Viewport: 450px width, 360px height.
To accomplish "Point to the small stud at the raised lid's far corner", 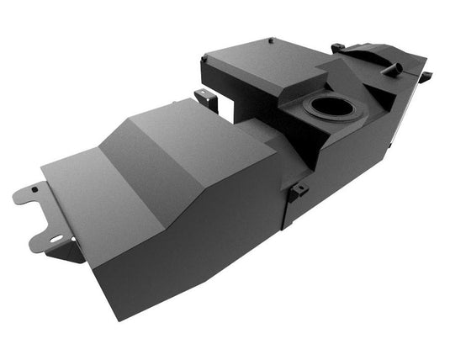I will [x=270, y=40].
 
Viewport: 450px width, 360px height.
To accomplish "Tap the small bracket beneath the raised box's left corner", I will [x=206, y=99].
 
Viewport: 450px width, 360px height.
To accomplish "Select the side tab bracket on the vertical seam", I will [x=296, y=192].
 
